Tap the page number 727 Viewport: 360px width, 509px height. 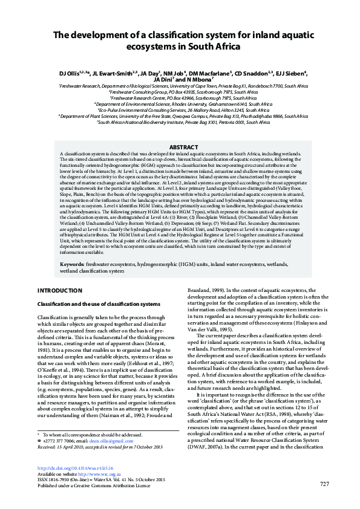pyautogui.click(x=324, y=501)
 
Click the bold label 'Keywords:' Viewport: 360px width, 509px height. pyautogui.click(x=72, y=265)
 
